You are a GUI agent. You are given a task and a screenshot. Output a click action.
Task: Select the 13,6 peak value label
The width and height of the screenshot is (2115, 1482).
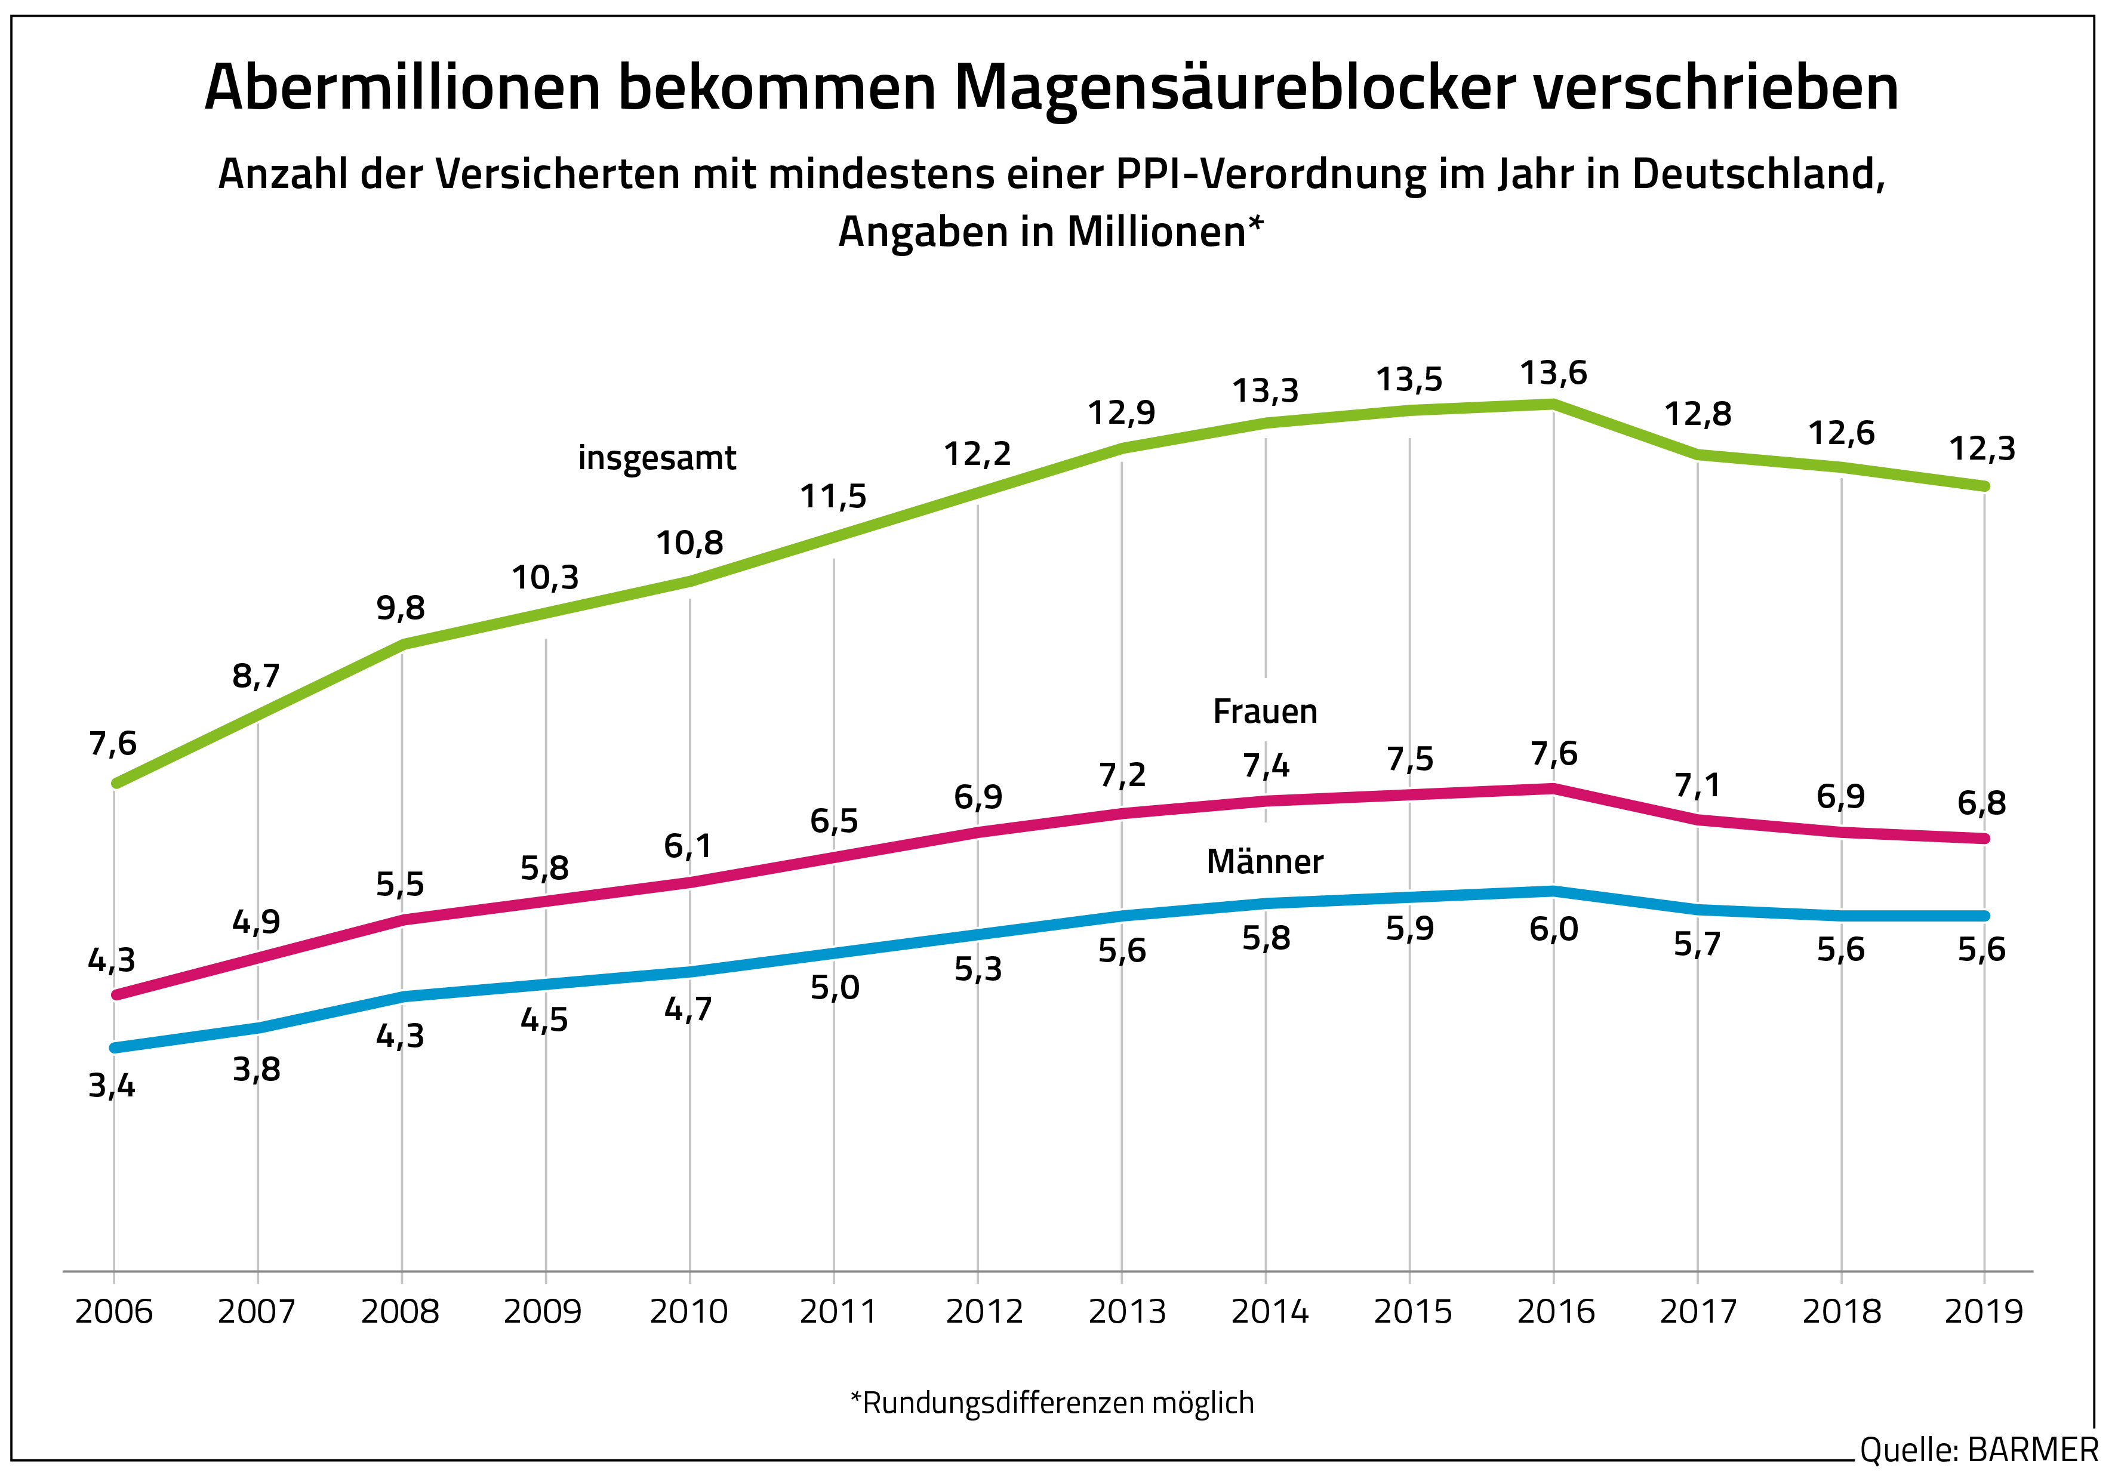point(1553,373)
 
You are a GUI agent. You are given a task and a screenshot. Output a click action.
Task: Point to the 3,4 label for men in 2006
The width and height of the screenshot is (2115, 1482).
point(112,1087)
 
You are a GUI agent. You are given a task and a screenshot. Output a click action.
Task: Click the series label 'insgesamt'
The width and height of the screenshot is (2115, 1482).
point(657,458)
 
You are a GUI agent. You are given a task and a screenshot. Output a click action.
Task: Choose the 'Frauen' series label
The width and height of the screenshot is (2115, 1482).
point(1265,712)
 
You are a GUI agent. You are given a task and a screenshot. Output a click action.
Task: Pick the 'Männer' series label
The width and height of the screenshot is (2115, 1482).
point(1265,862)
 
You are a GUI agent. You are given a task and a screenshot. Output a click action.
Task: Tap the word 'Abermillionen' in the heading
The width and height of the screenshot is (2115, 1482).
point(402,88)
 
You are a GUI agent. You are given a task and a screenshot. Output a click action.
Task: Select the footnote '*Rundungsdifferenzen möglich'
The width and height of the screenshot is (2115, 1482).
point(1052,1403)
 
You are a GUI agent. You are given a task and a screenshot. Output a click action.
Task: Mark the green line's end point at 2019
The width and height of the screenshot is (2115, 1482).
point(1984,485)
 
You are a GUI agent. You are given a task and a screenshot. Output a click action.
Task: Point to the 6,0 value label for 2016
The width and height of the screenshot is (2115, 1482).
point(1553,929)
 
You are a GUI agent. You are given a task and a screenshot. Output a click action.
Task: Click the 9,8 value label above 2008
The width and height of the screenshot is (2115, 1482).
point(401,608)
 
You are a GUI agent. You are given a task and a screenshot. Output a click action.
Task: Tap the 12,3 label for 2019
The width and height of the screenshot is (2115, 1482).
point(1981,449)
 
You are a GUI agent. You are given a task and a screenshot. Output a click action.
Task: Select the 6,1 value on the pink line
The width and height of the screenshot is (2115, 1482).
point(688,846)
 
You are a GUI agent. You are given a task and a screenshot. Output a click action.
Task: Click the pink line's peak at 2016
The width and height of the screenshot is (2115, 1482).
point(1554,788)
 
